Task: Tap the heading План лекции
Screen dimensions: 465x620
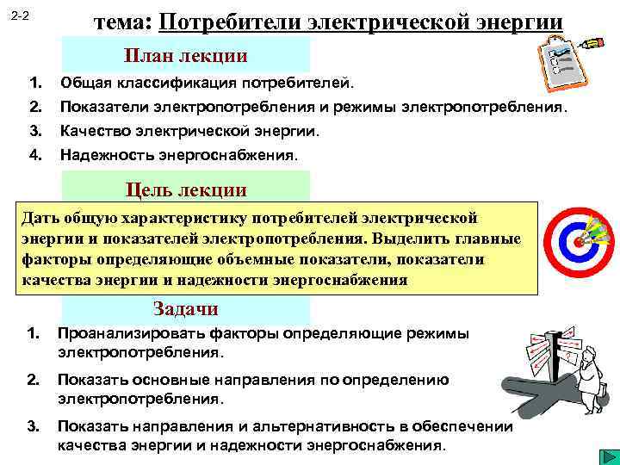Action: [186, 56]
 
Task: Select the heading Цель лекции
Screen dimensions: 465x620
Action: [186, 189]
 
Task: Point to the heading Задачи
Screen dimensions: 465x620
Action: [185, 309]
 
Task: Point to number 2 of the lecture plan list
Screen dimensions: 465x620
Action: [35, 108]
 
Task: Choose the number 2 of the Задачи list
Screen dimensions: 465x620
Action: [33, 380]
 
